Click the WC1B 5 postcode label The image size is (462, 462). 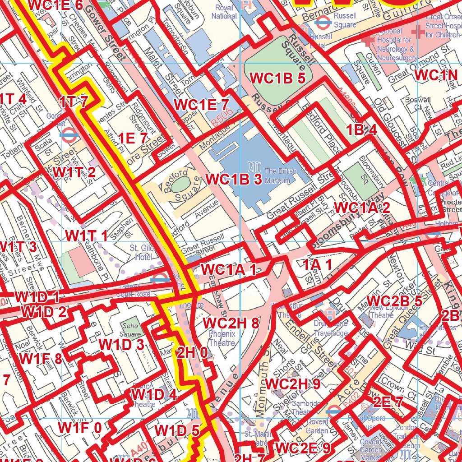[278, 78]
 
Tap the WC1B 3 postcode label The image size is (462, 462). [234, 179]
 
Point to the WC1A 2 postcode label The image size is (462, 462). [362, 208]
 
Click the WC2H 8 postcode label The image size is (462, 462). [231, 323]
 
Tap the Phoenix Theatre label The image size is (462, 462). [222, 338]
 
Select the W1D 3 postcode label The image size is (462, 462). [121, 344]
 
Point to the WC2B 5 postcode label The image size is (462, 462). [394, 301]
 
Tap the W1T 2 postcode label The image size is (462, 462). [74, 172]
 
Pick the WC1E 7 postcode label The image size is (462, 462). [201, 105]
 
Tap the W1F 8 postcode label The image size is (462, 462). [41, 359]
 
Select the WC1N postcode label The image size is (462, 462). [436, 75]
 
